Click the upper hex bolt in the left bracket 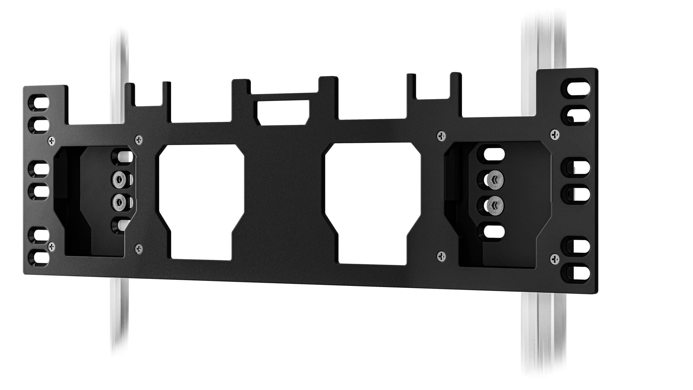point(119,179)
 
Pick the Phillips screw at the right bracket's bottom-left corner point(442,256)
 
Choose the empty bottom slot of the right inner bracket point(494,232)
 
